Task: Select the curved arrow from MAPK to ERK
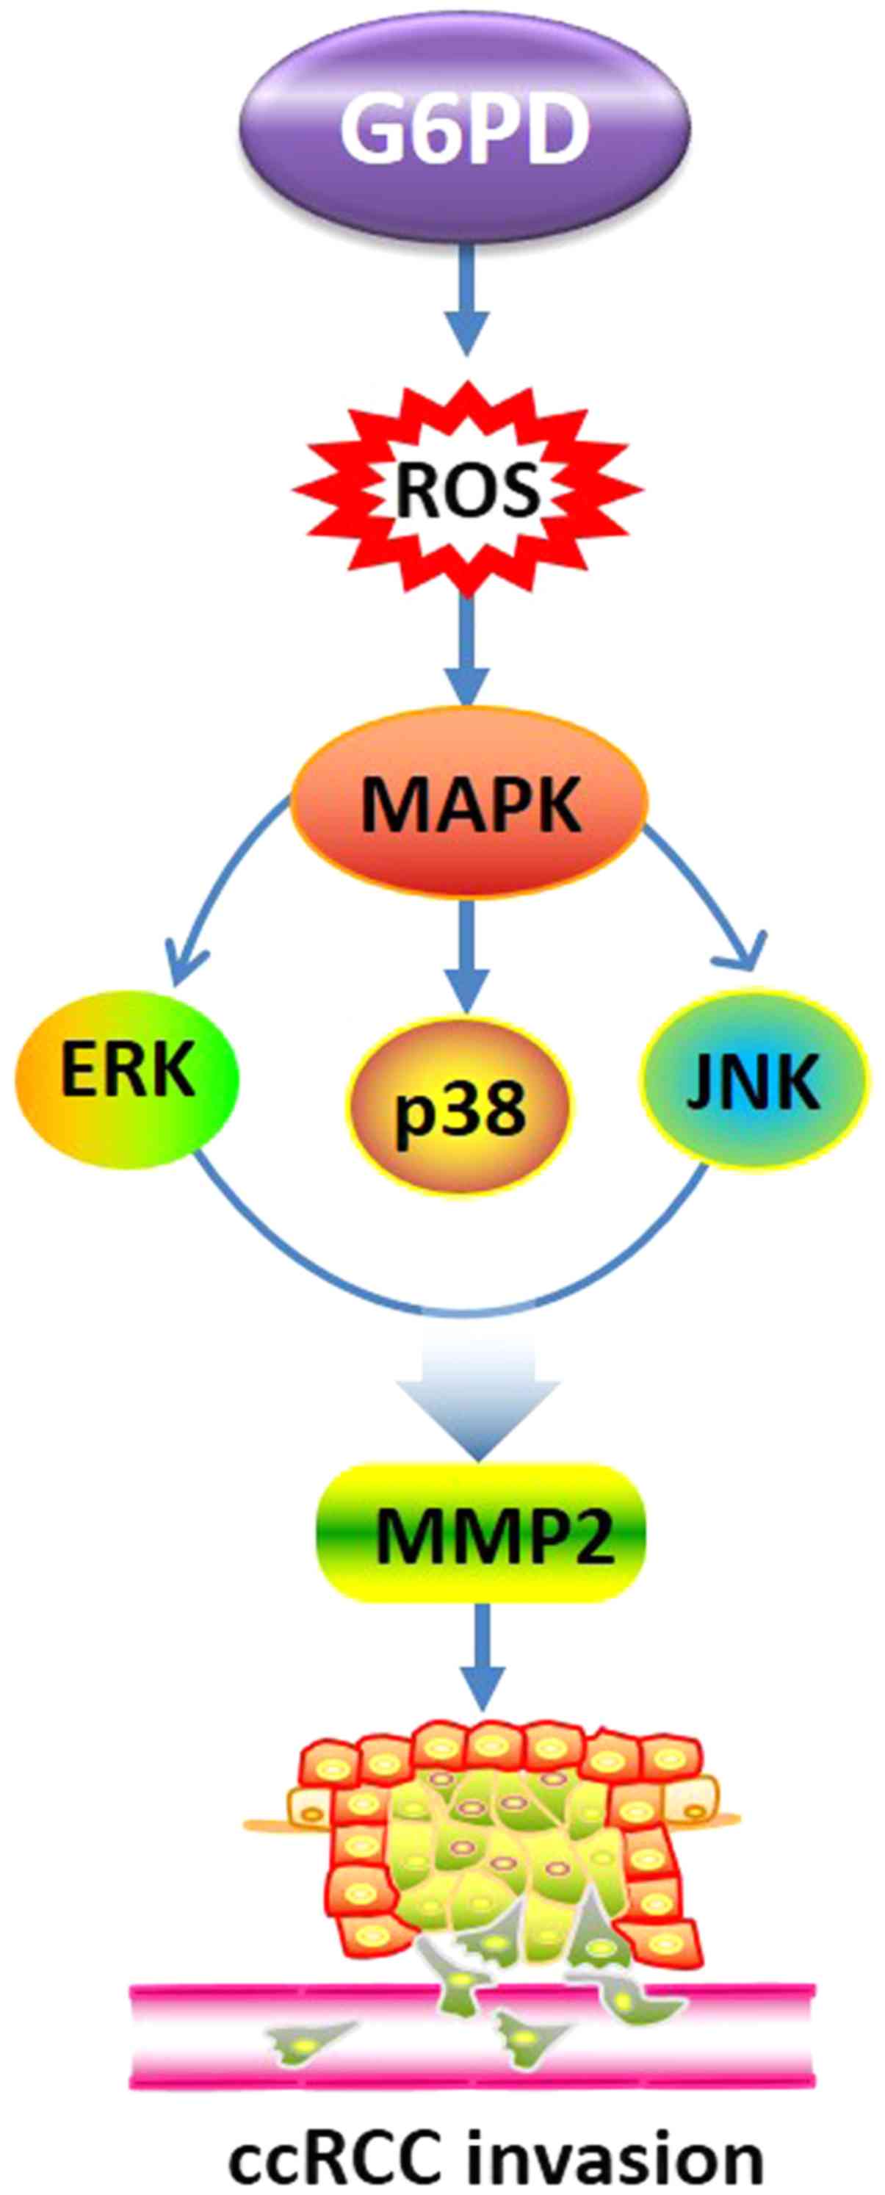[x=213, y=886]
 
